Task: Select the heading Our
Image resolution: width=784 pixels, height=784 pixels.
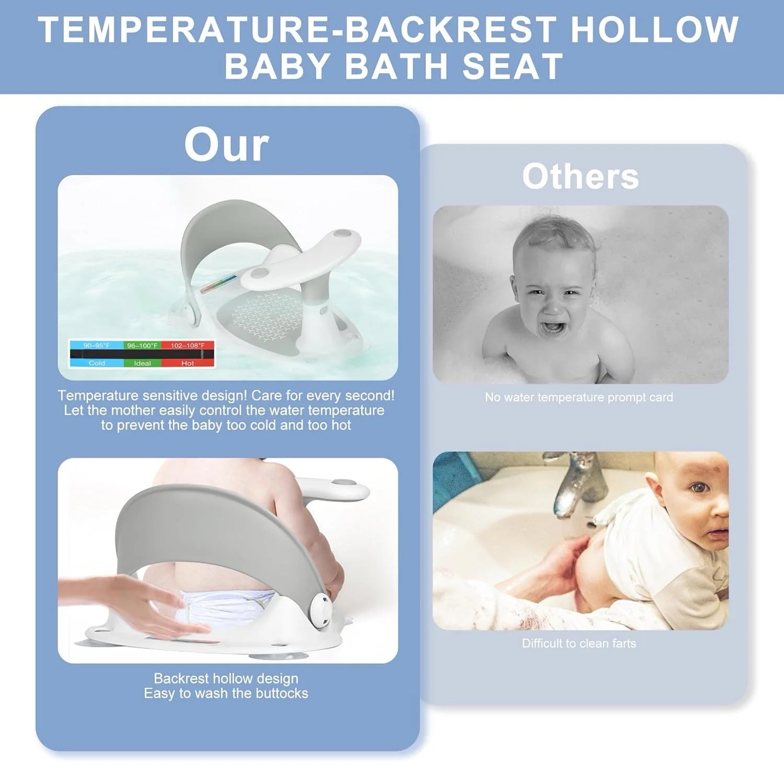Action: point(227,145)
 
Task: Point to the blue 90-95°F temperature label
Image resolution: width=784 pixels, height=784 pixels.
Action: point(97,345)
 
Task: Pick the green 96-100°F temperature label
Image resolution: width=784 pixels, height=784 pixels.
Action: point(142,345)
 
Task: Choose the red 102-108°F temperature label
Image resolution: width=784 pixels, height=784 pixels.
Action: point(188,345)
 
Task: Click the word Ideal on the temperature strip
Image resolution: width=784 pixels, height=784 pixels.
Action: point(142,363)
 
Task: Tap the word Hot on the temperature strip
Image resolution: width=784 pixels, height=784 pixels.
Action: point(188,363)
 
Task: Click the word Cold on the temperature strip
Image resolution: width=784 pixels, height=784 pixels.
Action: point(97,363)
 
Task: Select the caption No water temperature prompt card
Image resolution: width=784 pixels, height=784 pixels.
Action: point(579,397)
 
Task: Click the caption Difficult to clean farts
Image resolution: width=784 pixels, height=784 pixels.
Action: point(579,643)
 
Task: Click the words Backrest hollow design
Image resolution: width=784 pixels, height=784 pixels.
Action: point(226,678)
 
